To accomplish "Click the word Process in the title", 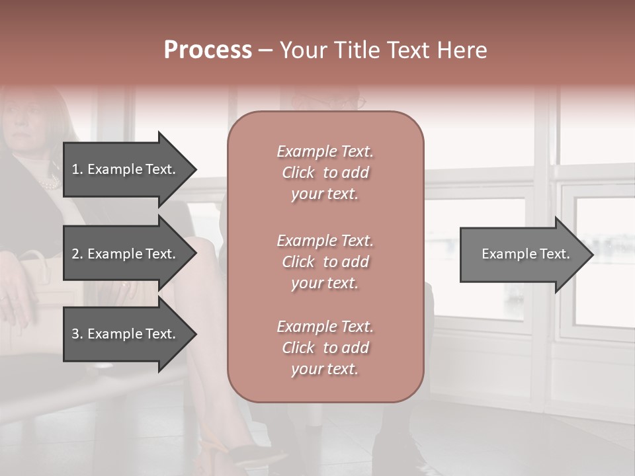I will click(208, 50).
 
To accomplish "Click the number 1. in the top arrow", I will click(77, 169).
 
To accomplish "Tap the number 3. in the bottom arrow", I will click(77, 334).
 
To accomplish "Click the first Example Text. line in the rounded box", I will click(325, 151).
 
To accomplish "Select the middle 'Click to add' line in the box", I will click(325, 262).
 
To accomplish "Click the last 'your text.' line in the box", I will click(325, 370).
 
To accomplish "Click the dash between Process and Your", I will click(265, 50).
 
